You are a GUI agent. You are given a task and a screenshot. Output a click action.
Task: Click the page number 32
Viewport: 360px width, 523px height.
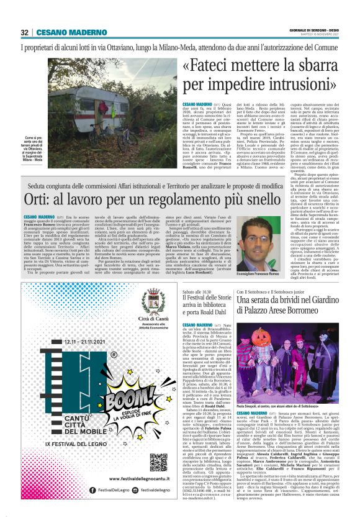pyautogui.click(x=25, y=32)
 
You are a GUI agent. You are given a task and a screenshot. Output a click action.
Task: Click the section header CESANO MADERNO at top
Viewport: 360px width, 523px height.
pyautogui.click(x=65, y=32)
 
